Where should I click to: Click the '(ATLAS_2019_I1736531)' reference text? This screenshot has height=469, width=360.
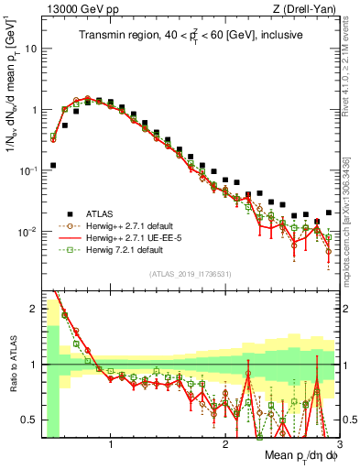[x=189, y=274]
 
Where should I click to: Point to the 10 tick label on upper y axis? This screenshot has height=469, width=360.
[x=30, y=48]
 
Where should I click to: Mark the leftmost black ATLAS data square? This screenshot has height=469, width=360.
[x=52, y=166]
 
